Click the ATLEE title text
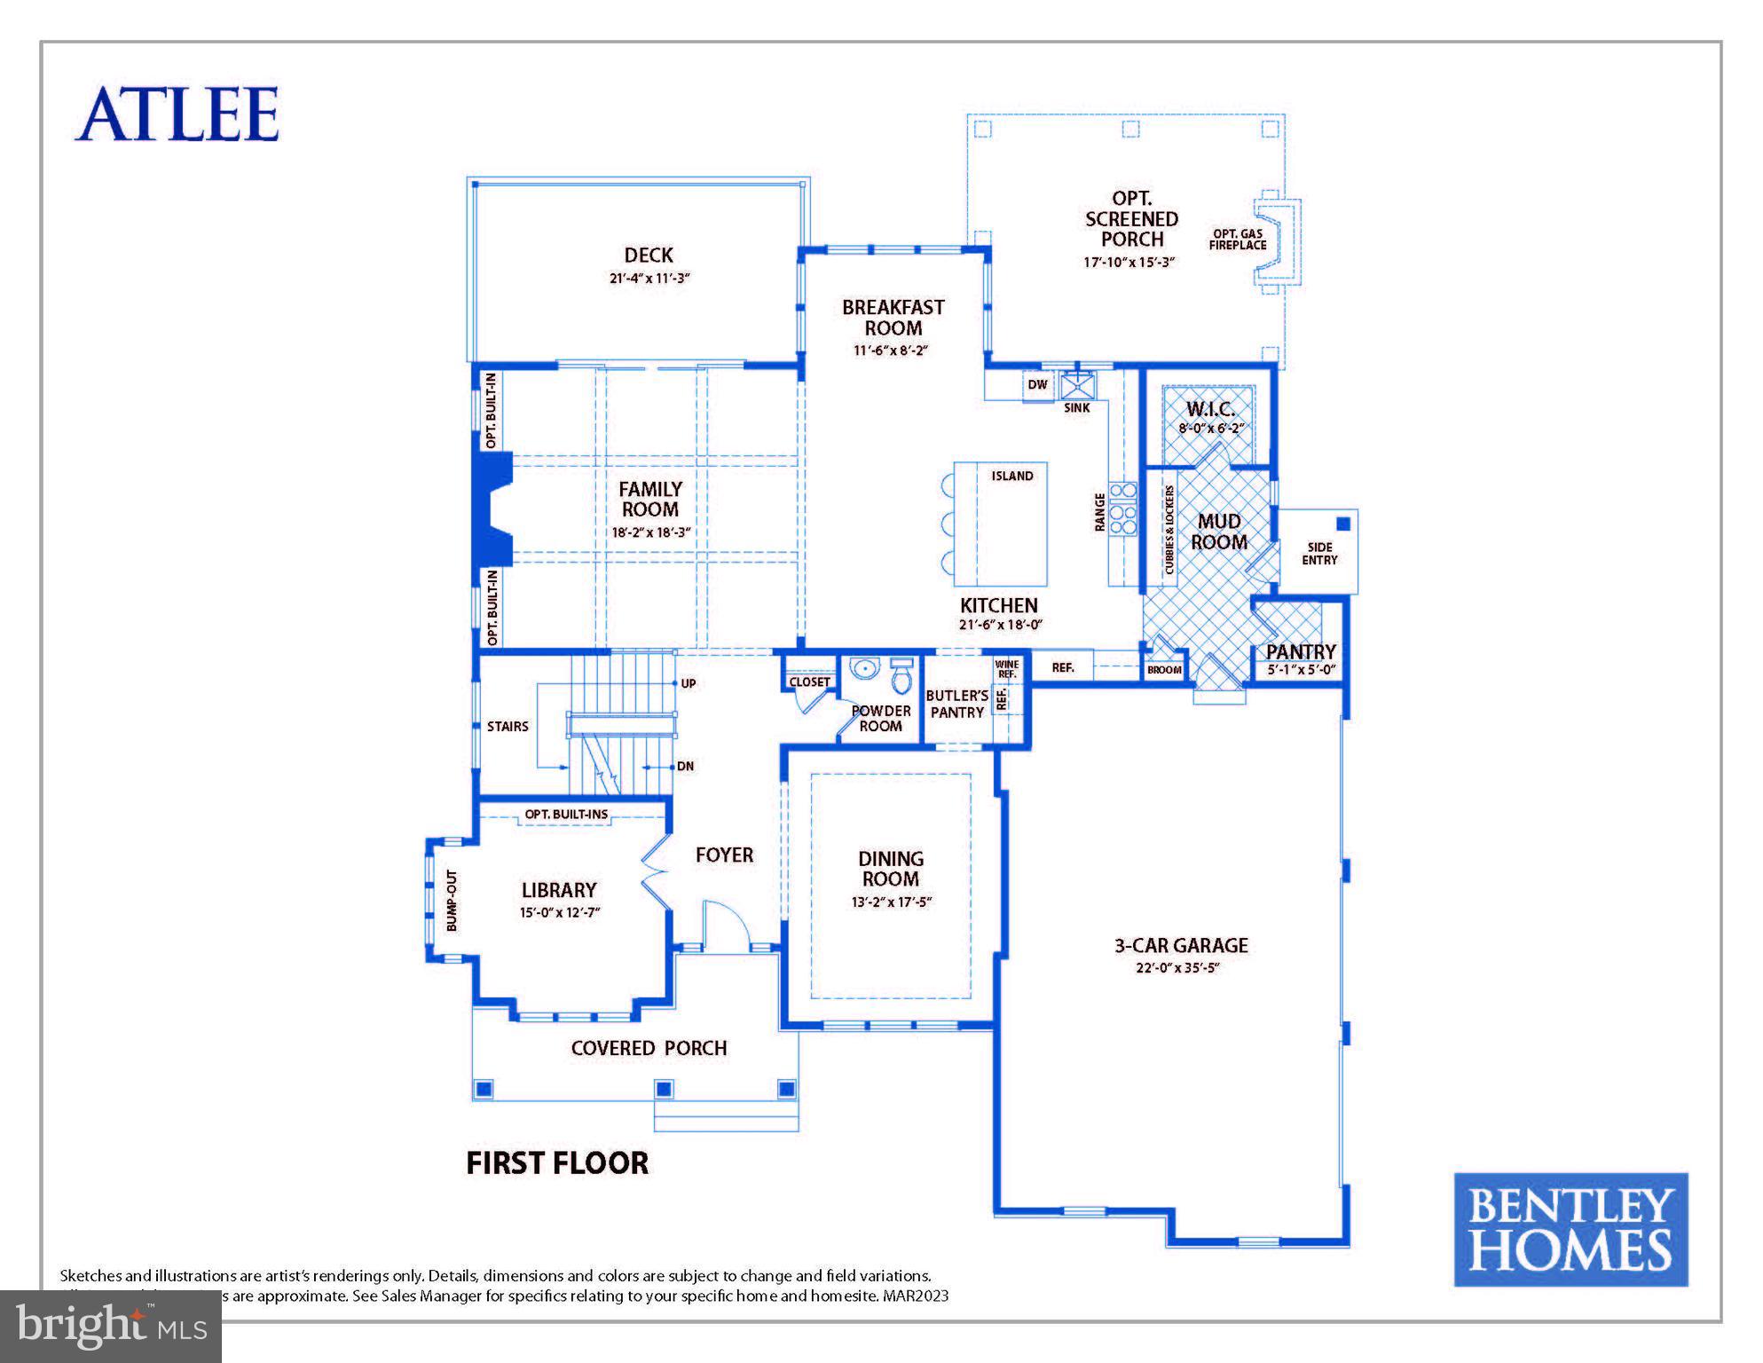177,114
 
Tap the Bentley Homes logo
1570,1229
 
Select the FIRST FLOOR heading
557,1163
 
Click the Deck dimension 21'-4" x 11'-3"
649,278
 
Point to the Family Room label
649,499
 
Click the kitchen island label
1011,477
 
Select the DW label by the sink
1037,385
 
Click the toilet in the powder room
901,678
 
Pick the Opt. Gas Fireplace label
1237,240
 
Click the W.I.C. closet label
1210,410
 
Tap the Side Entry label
1319,554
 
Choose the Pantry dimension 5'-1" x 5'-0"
1301,671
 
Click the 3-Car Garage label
1181,946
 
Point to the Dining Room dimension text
891,902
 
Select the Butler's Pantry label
956,704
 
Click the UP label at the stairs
689,683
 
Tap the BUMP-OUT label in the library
453,900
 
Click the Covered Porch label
649,1048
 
